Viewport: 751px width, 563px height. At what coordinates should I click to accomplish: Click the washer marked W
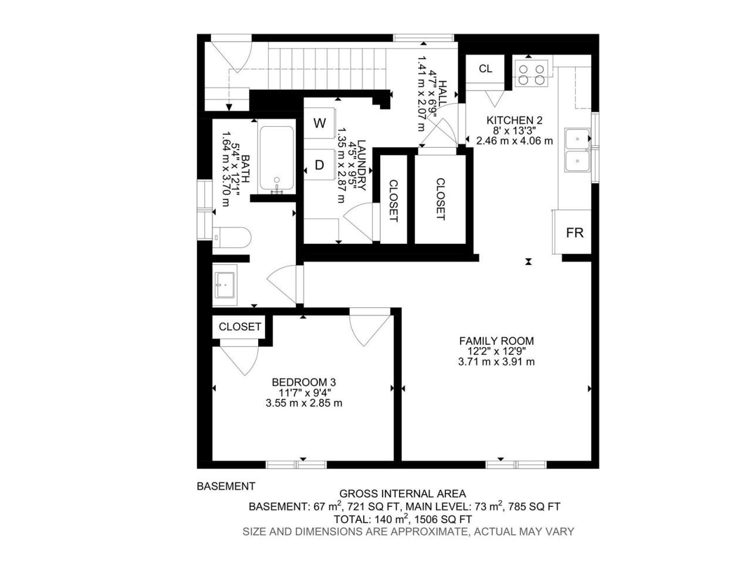[x=319, y=123]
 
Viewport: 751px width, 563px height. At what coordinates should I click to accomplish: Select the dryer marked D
[x=319, y=165]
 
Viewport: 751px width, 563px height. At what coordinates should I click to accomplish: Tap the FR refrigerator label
[x=574, y=233]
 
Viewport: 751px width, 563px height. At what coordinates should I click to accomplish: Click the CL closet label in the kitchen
[x=485, y=69]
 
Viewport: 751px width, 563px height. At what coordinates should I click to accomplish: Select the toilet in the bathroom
[x=232, y=238]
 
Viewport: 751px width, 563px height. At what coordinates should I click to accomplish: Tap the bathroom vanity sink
[x=225, y=285]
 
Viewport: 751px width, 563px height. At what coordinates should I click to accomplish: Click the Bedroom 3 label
[x=304, y=382]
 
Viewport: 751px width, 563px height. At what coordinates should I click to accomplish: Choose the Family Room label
[x=496, y=341]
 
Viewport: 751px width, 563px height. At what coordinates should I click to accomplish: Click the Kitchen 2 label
[x=514, y=120]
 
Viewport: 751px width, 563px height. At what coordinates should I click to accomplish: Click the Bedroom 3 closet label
[x=240, y=327]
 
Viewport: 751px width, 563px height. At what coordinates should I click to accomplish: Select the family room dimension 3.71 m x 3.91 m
[x=496, y=362]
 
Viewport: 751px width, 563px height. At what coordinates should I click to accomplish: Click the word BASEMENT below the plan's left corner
[x=226, y=486]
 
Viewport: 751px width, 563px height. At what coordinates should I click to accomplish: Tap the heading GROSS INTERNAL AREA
[x=402, y=494]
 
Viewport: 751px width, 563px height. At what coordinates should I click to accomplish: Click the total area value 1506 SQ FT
[x=443, y=520]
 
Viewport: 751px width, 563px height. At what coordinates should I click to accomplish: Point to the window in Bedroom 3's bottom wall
[x=296, y=464]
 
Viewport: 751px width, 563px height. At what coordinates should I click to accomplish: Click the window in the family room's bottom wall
[x=516, y=464]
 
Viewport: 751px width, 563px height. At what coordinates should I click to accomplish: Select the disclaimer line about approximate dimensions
[x=408, y=531]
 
